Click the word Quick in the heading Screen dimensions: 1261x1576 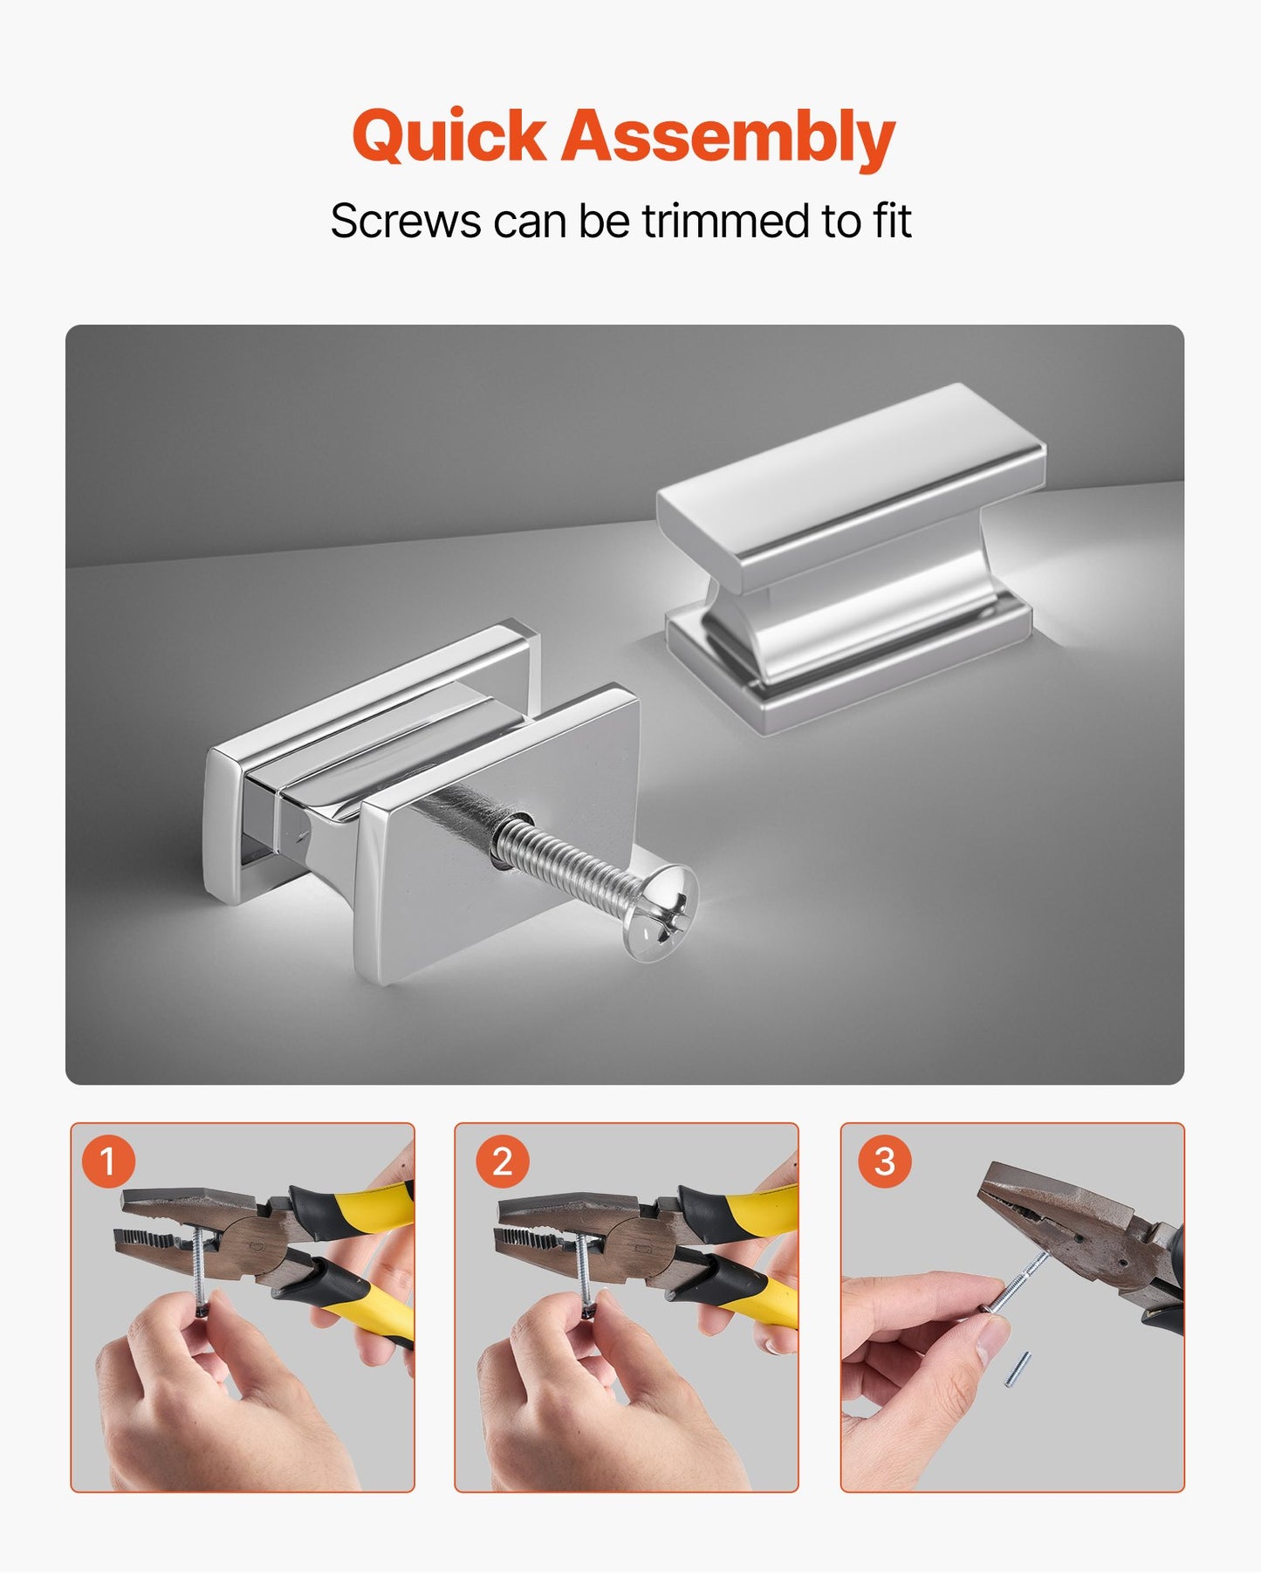pos(449,138)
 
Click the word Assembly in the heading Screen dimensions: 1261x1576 pos(728,138)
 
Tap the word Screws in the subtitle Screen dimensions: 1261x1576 pos(406,222)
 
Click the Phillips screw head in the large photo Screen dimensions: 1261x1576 pos(661,914)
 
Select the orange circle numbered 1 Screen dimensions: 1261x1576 pos(108,1161)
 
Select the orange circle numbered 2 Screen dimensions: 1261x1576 pos(502,1161)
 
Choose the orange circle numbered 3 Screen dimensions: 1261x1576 pos(885,1161)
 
